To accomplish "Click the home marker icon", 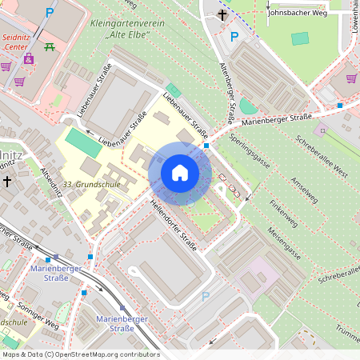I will click(x=180, y=173).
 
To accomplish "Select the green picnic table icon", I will click(x=50, y=46).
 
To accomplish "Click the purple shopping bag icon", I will click(x=29, y=58).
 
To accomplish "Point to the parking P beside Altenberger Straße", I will click(x=234, y=36).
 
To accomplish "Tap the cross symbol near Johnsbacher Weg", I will click(x=222, y=14).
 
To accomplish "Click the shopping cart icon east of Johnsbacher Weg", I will click(x=351, y=78).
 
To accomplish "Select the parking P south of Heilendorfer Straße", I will click(x=205, y=296).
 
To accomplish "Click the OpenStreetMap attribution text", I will click(x=81, y=354).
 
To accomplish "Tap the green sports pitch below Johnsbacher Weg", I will click(x=300, y=38).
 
